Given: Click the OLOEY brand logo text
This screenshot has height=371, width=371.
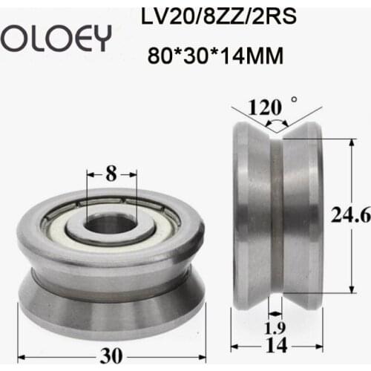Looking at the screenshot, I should point(55,35).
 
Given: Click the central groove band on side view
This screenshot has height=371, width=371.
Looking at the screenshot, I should point(277,223).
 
